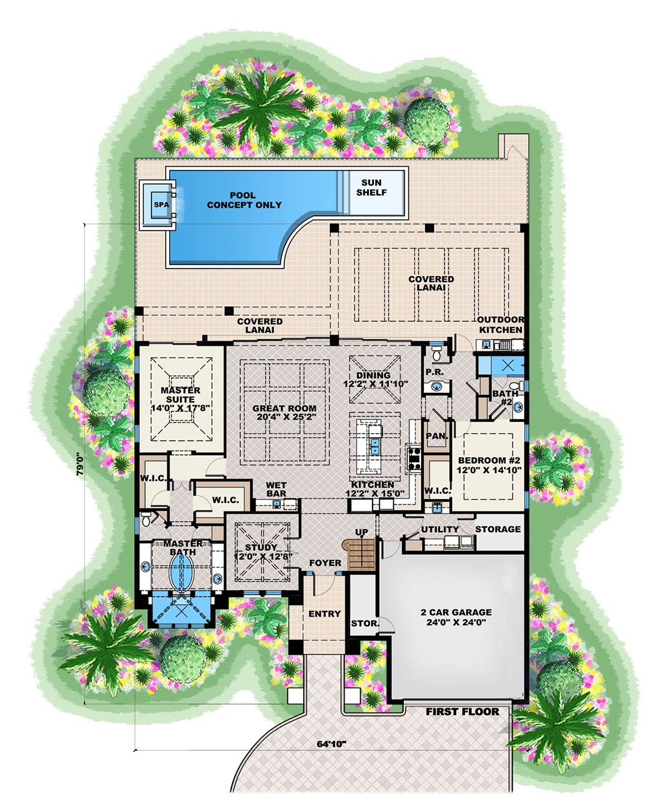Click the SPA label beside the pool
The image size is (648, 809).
tap(161, 205)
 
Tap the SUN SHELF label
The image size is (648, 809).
tap(371, 187)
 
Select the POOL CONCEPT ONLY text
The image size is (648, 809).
tap(244, 200)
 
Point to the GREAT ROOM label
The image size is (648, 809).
tap(284, 413)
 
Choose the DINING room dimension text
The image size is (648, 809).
tap(373, 384)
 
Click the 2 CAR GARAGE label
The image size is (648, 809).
tap(456, 616)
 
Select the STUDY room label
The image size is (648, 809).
tap(260, 551)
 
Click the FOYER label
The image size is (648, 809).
tap(325, 563)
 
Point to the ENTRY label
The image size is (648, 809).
tap(325, 613)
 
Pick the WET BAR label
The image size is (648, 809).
tap(276, 489)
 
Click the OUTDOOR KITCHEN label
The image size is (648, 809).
tap(500, 325)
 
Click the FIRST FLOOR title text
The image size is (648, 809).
tap(462, 711)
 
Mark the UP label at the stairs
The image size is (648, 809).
tap(362, 532)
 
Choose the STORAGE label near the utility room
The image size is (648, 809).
tap(498, 529)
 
